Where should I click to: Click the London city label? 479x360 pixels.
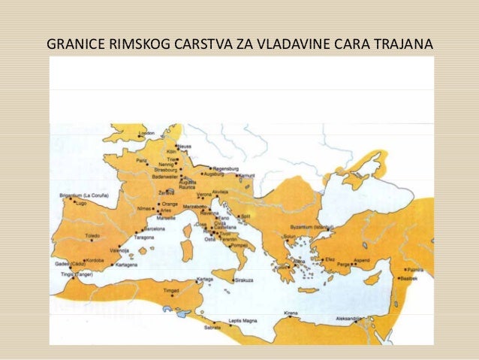146,133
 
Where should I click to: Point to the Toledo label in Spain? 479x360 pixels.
92,235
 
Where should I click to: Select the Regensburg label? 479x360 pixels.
226,169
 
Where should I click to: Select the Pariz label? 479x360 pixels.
143,161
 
